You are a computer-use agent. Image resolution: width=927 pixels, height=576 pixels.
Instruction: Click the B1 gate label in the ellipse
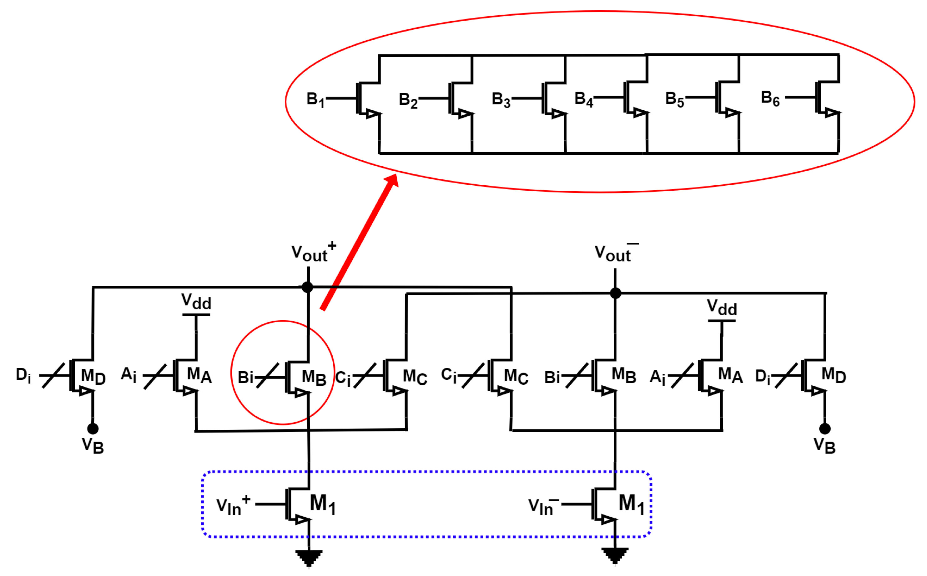point(315,99)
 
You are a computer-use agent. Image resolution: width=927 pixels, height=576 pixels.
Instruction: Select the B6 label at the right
point(770,98)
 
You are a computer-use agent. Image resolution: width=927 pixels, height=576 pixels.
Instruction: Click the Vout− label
point(615,253)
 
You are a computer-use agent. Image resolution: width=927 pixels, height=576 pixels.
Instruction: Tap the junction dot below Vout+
point(307,287)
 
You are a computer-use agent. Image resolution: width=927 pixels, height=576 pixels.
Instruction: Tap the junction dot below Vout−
point(615,293)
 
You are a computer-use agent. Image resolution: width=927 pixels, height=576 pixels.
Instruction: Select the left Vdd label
point(196,302)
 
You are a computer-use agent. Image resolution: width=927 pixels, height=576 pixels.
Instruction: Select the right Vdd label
point(722,308)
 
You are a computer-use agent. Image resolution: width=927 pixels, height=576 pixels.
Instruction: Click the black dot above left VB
point(93,428)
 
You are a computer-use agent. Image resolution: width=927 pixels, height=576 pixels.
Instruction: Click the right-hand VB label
point(824,445)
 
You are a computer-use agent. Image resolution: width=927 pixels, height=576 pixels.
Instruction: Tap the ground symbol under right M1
point(615,555)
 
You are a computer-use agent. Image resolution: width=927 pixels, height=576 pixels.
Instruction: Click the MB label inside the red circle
point(314,378)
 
